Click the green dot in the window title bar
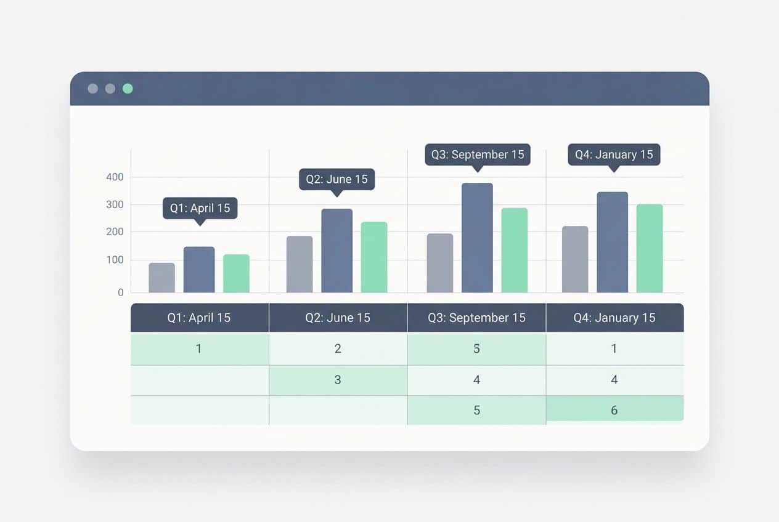coord(128,89)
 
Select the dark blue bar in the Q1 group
coord(199,270)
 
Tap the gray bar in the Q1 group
coord(162,278)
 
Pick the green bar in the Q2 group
coord(374,257)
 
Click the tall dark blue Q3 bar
coord(477,238)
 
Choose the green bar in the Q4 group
coord(650,248)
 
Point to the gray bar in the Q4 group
coord(575,259)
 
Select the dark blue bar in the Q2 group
coord(337,251)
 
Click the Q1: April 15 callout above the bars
coord(200,208)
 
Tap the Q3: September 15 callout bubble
coord(478,154)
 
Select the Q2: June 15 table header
coord(338,318)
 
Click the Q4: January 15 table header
coord(614,318)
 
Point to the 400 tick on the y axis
coord(115,177)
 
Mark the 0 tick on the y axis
coord(121,292)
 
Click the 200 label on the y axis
coord(115,232)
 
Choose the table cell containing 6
coord(614,409)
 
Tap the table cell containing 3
coord(338,380)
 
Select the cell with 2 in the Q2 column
coord(338,349)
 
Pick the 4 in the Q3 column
coord(476,380)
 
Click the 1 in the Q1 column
coord(199,349)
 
